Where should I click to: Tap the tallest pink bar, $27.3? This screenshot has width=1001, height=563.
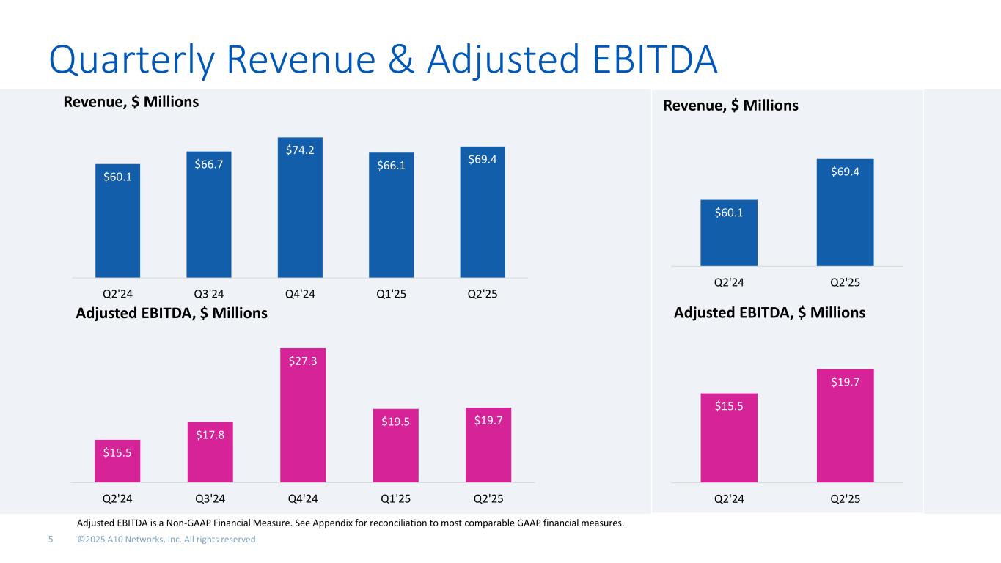pos(302,418)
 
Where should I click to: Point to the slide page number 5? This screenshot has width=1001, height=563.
pos(51,540)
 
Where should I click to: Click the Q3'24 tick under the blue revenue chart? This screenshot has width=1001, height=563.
pos(209,294)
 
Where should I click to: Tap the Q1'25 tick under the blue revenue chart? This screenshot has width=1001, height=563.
pos(392,294)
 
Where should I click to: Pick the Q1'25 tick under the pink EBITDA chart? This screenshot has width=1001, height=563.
pos(395,498)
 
